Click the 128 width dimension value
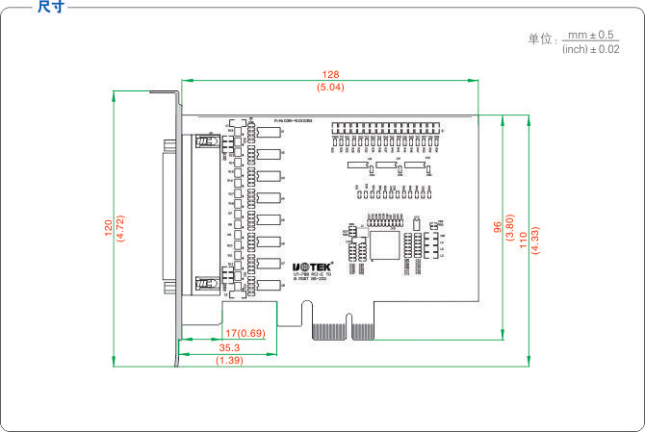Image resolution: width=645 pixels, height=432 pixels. click(x=330, y=74)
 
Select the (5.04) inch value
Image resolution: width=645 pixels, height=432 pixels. click(x=330, y=87)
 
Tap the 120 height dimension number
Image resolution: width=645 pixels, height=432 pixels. click(x=108, y=227)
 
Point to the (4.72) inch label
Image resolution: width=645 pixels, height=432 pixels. click(x=120, y=227)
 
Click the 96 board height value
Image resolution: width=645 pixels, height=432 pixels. click(x=498, y=228)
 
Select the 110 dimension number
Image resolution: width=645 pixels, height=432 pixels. click(x=523, y=238)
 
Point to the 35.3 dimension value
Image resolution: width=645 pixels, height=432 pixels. click(x=229, y=347)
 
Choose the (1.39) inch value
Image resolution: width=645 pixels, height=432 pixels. click(x=229, y=360)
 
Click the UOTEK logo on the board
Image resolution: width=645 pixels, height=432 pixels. click(x=313, y=265)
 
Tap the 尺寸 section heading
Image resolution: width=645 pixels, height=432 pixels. click(x=51, y=7)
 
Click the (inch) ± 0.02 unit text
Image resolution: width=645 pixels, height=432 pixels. click(x=590, y=48)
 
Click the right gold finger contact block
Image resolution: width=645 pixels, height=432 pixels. click(x=363, y=332)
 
